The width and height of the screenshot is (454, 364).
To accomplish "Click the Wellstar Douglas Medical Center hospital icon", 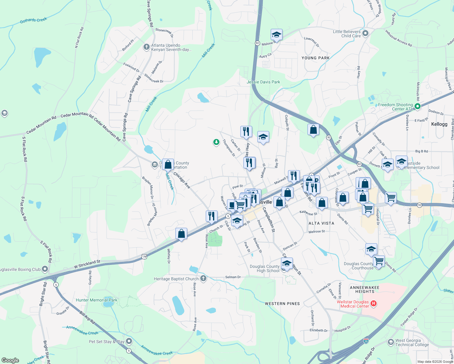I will coord(374,303).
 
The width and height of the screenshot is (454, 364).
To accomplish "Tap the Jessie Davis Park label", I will coord(263,82).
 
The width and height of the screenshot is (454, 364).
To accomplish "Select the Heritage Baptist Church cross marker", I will coord(203,278).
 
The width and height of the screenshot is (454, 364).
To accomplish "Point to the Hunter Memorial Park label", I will coord(97,300).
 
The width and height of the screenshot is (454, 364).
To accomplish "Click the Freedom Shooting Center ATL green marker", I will coord(417,106).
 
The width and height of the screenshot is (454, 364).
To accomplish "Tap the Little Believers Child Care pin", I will coord(365,33).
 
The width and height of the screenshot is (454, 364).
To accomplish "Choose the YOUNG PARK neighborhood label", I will coord(315,58).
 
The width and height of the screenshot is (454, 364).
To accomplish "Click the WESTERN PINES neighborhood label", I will coord(282,304).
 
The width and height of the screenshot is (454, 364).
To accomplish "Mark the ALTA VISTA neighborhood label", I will coord(321,223).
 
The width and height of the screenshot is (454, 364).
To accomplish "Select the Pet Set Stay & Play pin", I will coord(129,341).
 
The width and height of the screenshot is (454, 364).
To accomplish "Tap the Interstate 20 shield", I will coord(366,341).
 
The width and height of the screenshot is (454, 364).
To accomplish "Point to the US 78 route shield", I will coord(144,257).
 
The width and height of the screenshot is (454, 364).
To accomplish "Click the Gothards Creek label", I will coord(33,20).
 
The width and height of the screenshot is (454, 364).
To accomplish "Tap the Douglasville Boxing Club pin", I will coord(45,269).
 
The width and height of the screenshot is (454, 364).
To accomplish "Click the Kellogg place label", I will coord(439,124).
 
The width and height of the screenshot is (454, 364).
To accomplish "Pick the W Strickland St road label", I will coord(87,264).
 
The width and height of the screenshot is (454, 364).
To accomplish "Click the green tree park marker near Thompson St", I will coord(216,142).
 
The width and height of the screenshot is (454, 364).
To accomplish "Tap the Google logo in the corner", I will coord(10,360).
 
